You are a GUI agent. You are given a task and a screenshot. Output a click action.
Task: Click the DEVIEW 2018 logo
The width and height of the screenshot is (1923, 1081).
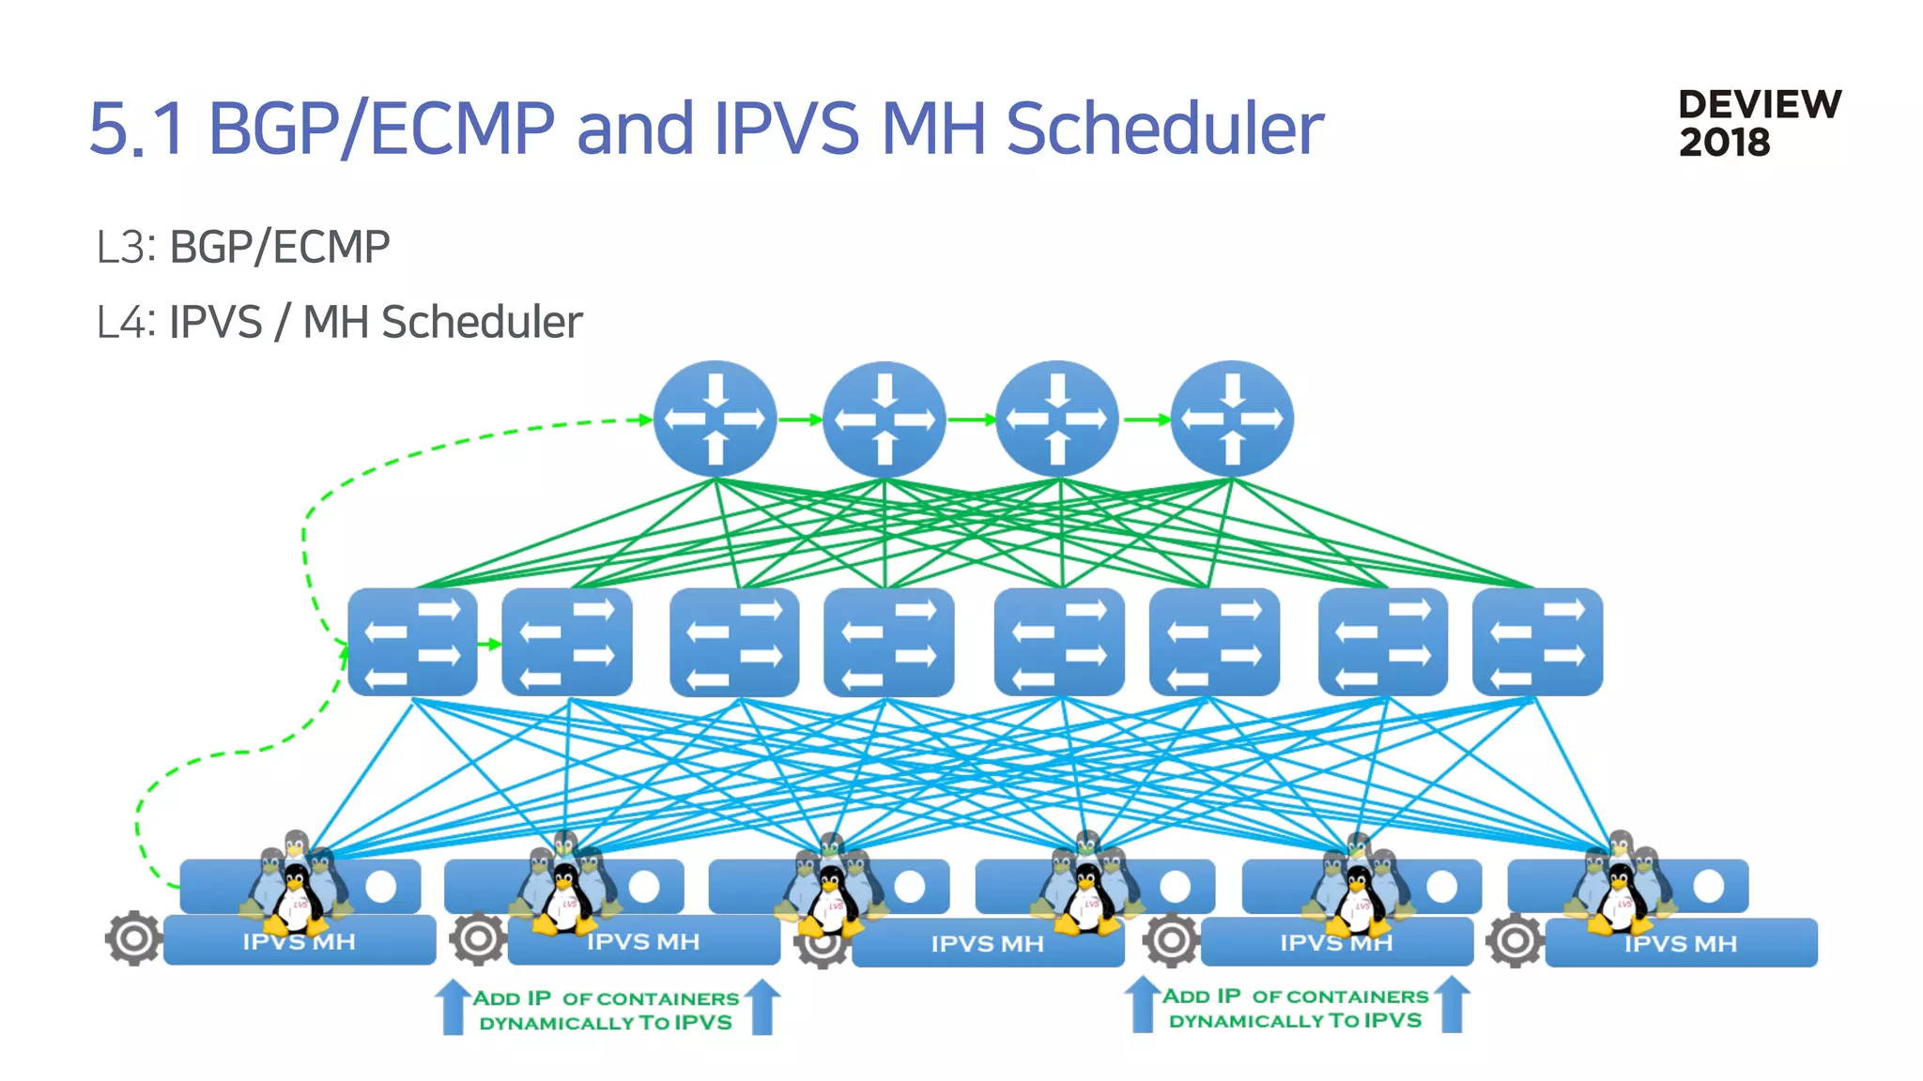[1759, 123]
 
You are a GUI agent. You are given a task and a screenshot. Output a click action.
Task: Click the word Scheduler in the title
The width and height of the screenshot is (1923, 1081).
[1163, 129]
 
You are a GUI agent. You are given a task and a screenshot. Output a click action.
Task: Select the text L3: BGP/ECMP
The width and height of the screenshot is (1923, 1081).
[243, 248]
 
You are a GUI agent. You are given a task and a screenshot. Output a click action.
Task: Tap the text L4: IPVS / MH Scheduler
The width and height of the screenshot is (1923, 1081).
[339, 322]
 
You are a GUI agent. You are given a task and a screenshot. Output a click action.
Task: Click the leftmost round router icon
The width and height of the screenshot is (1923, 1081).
[715, 419]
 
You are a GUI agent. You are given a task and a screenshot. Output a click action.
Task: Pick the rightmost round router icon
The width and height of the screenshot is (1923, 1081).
[1232, 419]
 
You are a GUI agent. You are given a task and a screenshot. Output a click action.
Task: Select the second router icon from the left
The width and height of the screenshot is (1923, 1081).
[884, 419]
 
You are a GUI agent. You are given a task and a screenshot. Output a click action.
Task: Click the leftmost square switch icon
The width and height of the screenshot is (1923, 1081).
[412, 642]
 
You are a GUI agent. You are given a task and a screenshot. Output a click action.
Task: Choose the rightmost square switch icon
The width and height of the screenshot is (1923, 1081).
[1537, 642]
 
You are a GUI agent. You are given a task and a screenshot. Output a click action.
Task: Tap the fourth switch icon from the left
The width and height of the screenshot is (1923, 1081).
[888, 642]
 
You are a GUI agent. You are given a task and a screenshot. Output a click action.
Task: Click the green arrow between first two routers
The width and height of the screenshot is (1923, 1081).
[799, 419]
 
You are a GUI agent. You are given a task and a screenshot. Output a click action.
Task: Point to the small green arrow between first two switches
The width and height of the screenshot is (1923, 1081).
[489, 644]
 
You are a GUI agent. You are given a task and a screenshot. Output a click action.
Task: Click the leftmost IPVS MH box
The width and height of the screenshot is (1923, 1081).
[300, 941]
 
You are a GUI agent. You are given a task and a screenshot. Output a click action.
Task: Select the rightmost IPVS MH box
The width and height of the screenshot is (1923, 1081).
[1681, 943]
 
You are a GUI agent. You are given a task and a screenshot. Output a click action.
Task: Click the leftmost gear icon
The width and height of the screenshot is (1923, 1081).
[132, 937]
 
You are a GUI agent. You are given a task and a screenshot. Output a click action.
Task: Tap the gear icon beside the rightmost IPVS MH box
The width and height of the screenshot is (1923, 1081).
[1514, 940]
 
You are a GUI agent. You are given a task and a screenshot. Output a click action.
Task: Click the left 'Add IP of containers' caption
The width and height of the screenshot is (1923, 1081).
[606, 1011]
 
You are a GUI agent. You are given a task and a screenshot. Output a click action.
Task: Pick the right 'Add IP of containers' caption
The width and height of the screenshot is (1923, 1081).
[1296, 1009]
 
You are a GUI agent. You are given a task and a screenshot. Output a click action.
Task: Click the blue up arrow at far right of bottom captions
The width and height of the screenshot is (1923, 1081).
[1452, 1004]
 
